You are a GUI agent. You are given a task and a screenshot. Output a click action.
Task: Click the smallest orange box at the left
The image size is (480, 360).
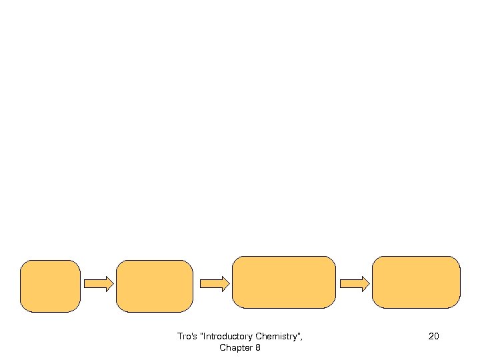pyautogui.click(x=50, y=286)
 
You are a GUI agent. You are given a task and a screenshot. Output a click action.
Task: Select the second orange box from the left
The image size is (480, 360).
pyautogui.click(x=154, y=286)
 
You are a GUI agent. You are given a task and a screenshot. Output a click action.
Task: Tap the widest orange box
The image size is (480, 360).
pyautogui.click(x=283, y=282)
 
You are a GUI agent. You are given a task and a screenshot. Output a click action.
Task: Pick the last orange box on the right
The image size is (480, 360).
pyautogui.click(x=416, y=282)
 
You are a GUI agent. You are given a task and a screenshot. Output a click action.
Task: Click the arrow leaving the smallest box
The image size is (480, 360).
pyautogui.click(x=98, y=284)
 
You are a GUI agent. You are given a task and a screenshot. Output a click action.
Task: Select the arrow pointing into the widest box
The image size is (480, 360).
pyautogui.click(x=215, y=284)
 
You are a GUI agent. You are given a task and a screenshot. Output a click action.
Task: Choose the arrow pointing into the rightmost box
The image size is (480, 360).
pyautogui.click(x=354, y=284)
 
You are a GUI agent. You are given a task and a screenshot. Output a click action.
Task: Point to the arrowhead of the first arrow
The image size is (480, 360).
pyautogui.click(x=109, y=284)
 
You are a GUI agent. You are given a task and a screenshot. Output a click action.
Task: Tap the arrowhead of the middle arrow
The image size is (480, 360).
pyautogui.click(x=225, y=284)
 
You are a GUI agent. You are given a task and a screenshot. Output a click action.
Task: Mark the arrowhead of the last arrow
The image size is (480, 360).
pyautogui.click(x=365, y=284)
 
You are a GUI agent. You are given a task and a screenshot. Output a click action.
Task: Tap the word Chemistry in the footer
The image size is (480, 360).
pyautogui.click(x=278, y=337)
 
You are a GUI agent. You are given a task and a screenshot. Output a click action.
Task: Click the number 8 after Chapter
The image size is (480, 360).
pyautogui.click(x=257, y=348)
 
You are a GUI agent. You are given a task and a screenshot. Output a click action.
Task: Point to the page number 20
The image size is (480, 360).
pyautogui.click(x=433, y=337)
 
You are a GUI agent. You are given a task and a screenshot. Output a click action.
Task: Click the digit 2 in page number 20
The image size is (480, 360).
pyautogui.click(x=431, y=337)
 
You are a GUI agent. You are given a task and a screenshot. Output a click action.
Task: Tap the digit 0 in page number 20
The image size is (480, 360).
pyautogui.click(x=436, y=337)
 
